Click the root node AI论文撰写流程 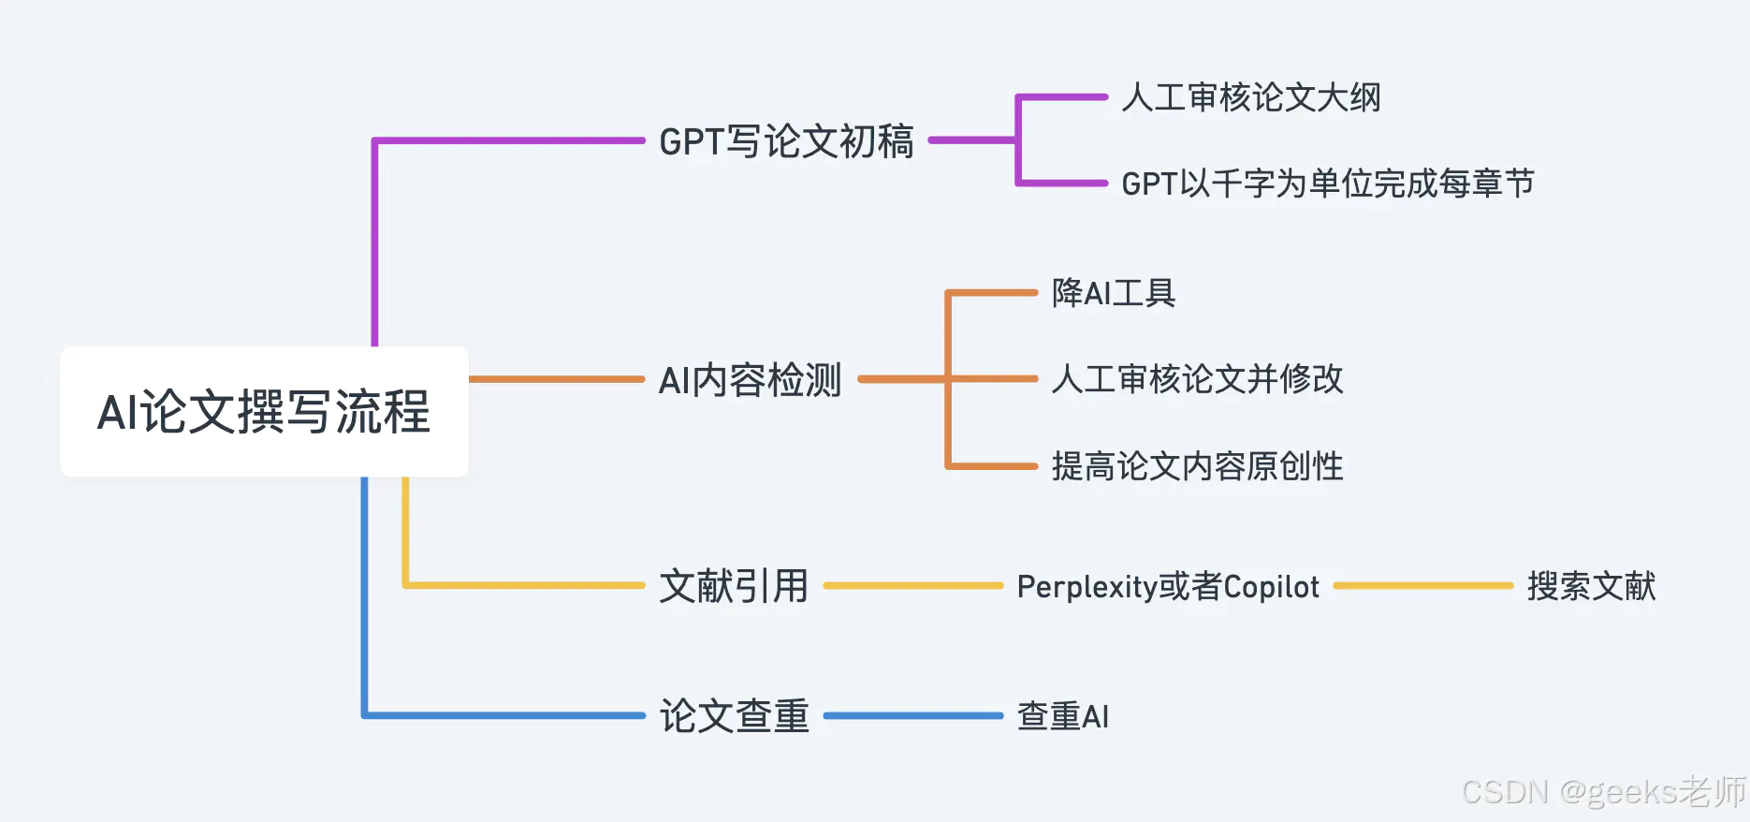(264, 411)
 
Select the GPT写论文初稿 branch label (786, 141)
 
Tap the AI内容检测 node (750, 380)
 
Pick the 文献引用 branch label (734, 586)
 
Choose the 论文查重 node (734, 716)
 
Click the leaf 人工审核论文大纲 (1251, 97)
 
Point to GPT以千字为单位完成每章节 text (1328, 183)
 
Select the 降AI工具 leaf (1114, 293)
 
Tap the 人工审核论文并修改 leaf (1197, 379)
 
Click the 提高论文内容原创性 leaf (1197, 466)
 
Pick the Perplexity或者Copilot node (1168, 586)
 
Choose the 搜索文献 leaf (1591, 586)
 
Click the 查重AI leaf (1063, 716)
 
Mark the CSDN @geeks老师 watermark (1604, 792)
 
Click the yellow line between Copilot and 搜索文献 (1423, 586)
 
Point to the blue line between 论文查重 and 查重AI (913, 716)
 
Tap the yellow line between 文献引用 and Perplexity (913, 586)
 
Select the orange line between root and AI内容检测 (557, 379)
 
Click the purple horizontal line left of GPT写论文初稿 (510, 141)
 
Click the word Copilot (1271, 586)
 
